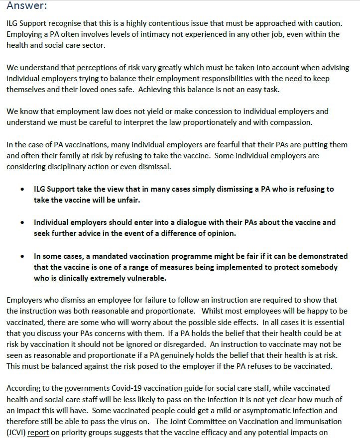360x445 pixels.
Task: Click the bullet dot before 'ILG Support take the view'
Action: (x=23, y=190)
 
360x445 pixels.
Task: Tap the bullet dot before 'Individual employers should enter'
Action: (x=23, y=222)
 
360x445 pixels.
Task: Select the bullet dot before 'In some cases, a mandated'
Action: (x=23, y=256)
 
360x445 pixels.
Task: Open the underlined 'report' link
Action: (x=38, y=433)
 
